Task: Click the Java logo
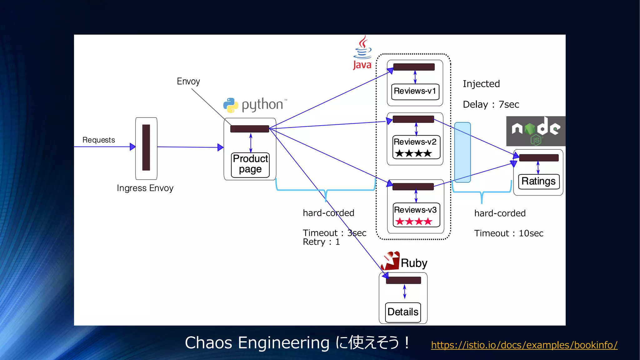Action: [362, 52]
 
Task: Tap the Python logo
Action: [231, 105]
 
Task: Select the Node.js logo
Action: [536, 131]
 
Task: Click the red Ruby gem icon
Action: [391, 261]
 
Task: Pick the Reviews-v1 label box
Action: [415, 91]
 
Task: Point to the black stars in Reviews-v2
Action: [413, 153]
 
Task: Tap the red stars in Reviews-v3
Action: [414, 222]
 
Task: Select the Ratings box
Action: [538, 181]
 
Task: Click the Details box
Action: [403, 312]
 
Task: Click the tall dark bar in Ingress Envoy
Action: [146, 147]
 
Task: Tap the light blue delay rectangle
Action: [462, 152]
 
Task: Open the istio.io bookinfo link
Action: [524, 345]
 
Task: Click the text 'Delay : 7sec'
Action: [491, 104]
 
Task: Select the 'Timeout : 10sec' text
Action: [508, 233]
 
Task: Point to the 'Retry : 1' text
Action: [321, 242]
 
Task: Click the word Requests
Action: [98, 140]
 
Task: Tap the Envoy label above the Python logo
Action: [188, 81]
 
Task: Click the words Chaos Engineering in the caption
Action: [257, 343]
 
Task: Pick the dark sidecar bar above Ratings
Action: [539, 158]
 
